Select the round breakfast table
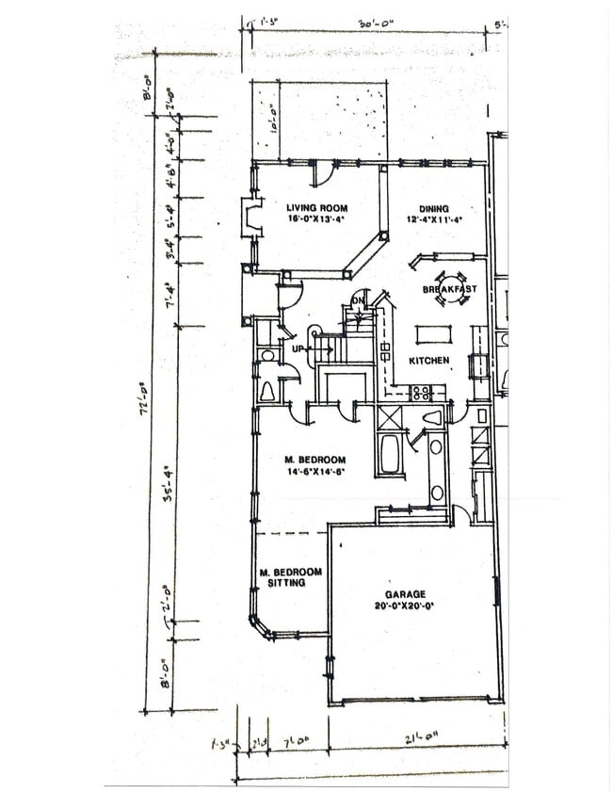tap(449, 289)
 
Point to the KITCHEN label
tap(428, 361)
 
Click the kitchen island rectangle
tap(434, 333)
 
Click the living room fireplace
tap(250, 218)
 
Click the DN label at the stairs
tap(358, 301)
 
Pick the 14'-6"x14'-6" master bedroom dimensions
tap(316, 472)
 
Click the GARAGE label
tap(405, 594)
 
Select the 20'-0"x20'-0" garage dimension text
tap(405, 606)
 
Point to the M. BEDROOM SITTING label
tap(291, 577)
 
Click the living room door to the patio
tap(322, 173)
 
